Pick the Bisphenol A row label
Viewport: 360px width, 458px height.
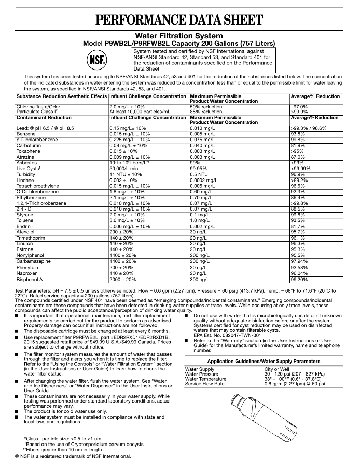click(31, 279)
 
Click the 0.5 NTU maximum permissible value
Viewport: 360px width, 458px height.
click(200, 174)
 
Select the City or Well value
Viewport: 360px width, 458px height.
click(279, 369)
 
